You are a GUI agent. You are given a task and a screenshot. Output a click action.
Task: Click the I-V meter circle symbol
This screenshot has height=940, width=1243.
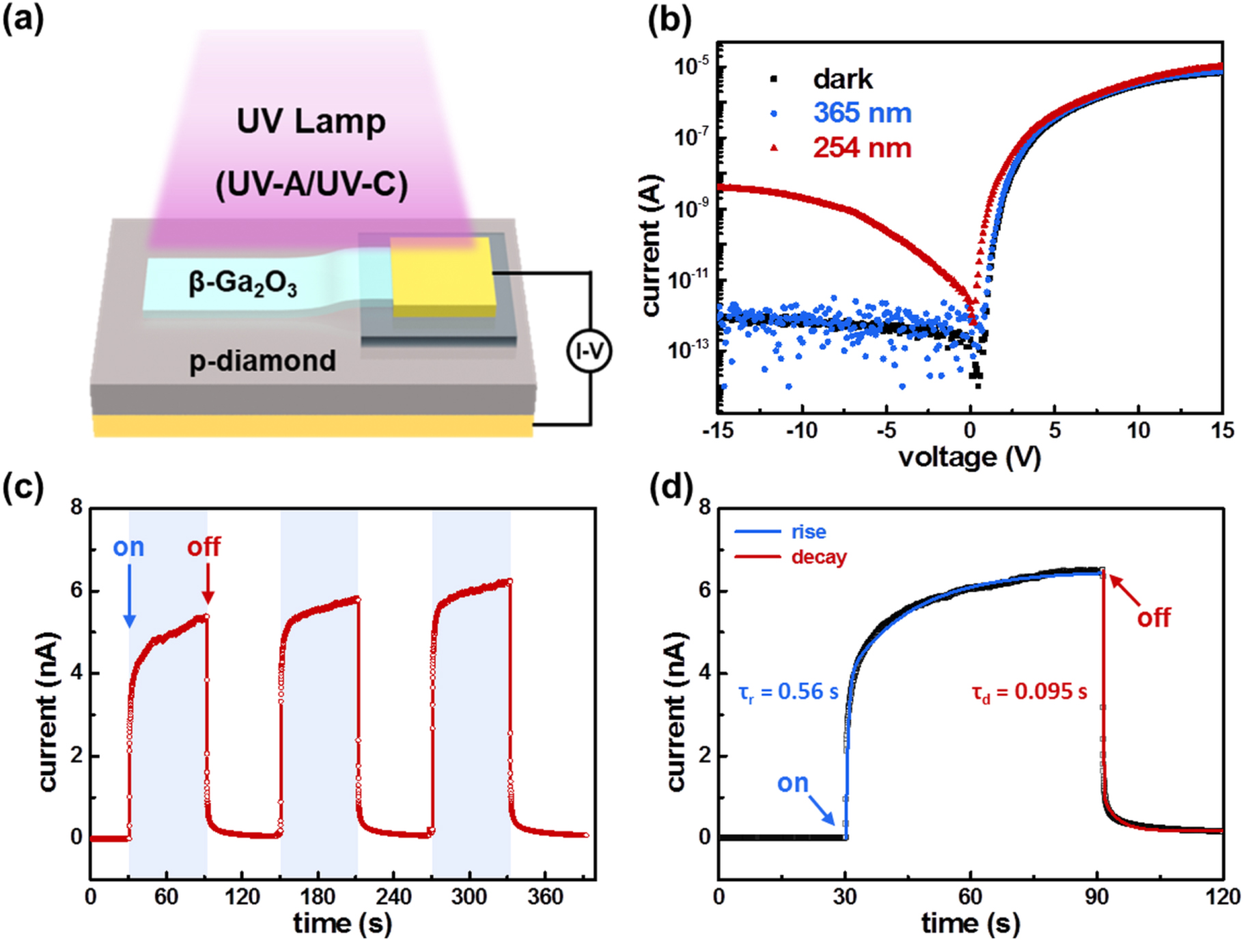[x=589, y=351]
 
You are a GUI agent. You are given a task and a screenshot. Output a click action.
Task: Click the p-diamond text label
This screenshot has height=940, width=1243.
[x=262, y=361]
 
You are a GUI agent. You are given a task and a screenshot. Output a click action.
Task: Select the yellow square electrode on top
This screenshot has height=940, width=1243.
[x=442, y=276]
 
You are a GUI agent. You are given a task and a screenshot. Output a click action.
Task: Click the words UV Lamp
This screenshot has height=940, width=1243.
[x=311, y=122]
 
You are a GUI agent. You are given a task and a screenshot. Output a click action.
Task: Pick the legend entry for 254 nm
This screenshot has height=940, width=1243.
[x=861, y=148]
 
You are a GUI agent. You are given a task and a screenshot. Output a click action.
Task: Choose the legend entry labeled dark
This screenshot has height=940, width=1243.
[x=842, y=79]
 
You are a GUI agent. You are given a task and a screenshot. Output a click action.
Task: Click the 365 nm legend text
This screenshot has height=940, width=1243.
[x=862, y=113]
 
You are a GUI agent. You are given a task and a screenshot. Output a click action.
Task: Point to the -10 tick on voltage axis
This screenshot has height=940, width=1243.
[x=801, y=430]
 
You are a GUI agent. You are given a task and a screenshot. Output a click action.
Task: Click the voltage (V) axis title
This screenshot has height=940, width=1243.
[x=969, y=457]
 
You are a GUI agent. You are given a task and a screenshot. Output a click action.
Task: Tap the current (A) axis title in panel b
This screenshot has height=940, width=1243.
[x=653, y=246]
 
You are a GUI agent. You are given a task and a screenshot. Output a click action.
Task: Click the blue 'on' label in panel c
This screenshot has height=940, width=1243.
[x=128, y=547]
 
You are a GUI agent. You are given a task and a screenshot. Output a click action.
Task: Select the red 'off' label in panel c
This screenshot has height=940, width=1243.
[x=204, y=547]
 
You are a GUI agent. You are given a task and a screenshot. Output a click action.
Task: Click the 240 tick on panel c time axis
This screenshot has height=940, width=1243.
[x=393, y=896]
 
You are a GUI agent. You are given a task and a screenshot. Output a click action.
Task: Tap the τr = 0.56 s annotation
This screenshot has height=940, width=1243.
[x=788, y=692]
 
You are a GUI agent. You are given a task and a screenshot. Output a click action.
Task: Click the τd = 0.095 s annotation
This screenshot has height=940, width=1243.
[x=1029, y=692]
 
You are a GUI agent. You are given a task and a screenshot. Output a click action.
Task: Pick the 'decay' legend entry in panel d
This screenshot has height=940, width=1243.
[x=818, y=557]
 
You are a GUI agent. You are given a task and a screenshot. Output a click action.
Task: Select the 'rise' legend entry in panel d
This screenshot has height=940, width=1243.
[x=809, y=531]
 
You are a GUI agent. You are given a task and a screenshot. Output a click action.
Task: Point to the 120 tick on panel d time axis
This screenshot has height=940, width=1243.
[x=1222, y=896]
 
